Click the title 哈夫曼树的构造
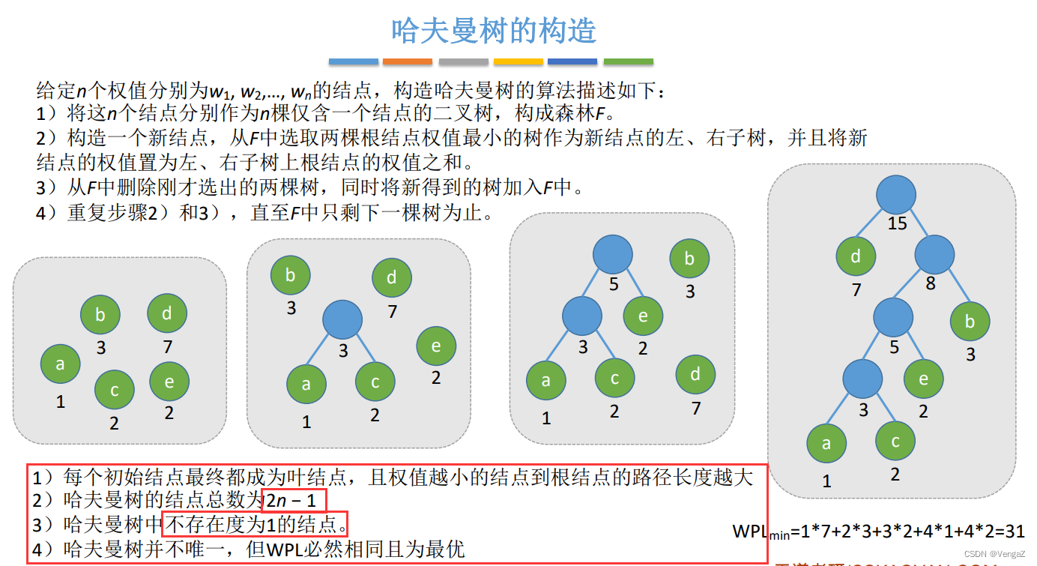[494, 31]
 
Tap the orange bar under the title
[408, 61]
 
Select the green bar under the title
[628, 61]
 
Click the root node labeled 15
[896, 196]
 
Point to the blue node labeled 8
[934, 256]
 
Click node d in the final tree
[856, 256]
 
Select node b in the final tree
[970, 322]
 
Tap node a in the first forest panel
[60, 364]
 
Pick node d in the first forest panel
[167, 313]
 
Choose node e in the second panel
[436, 346]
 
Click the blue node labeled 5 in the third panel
[612, 255]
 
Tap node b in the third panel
[689, 259]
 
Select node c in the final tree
[895, 442]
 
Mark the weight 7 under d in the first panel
[167, 346]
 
